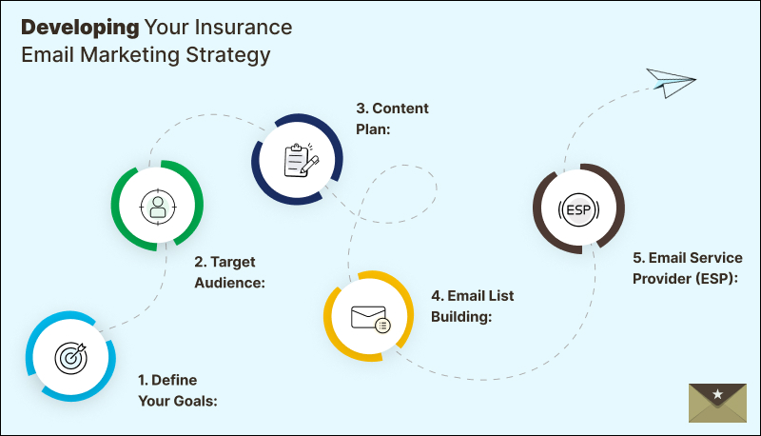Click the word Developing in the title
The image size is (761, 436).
pos(76,26)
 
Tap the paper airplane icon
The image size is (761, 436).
pos(672,83)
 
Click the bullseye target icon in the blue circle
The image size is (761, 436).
pos(71,357)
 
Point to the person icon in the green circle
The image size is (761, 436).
pos(156,205)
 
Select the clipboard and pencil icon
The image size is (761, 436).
pos(297,159)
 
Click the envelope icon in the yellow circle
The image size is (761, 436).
pos(369,317)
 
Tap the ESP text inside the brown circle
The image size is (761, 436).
pos(578,209)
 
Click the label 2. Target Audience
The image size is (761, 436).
pos(229,271)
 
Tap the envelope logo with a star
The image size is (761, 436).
pos(718,403)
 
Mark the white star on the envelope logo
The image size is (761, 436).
pos(718,393)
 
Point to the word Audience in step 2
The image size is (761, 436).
pos(229,282)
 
